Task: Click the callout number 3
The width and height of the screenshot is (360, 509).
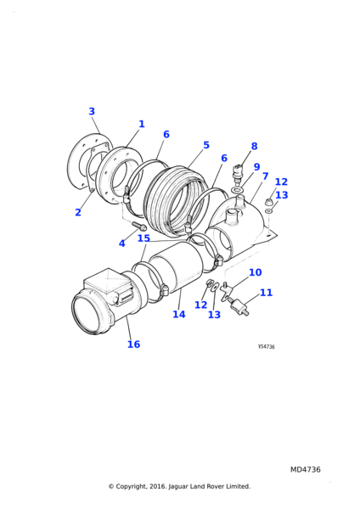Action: tap(92, 111)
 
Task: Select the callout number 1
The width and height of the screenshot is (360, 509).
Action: tap(142, 124)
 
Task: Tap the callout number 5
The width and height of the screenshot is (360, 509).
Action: tap(206, 145)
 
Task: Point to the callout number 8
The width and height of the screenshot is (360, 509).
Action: tap(254, 147)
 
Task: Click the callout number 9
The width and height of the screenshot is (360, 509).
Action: tap(256, 167)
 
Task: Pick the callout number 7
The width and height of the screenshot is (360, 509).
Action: tap(266, 176)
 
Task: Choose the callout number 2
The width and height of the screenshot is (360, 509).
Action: tap(78, 212)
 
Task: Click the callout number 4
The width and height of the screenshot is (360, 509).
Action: tap(122, 243)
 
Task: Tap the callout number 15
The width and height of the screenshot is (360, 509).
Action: tap(144, 238)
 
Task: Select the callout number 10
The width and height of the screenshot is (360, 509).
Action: tap(256, 272)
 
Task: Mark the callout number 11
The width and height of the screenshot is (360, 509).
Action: tap(266, 293)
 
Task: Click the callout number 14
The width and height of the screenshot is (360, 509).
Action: tap(179, 314)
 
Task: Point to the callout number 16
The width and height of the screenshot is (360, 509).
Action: tap(133, 344)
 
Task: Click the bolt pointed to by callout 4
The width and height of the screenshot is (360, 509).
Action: tap(138, 226)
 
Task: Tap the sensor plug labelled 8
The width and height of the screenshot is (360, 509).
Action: tap(238, 171)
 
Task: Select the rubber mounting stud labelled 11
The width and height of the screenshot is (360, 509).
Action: tap(239, 307)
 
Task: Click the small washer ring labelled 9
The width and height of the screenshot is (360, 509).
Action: tap(238, 189)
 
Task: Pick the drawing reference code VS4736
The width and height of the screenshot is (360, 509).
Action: tap(267, 347)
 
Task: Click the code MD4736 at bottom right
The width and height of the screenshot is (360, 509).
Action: tap(306, 470)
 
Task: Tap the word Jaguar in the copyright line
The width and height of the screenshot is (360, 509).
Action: tap(178, 487)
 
